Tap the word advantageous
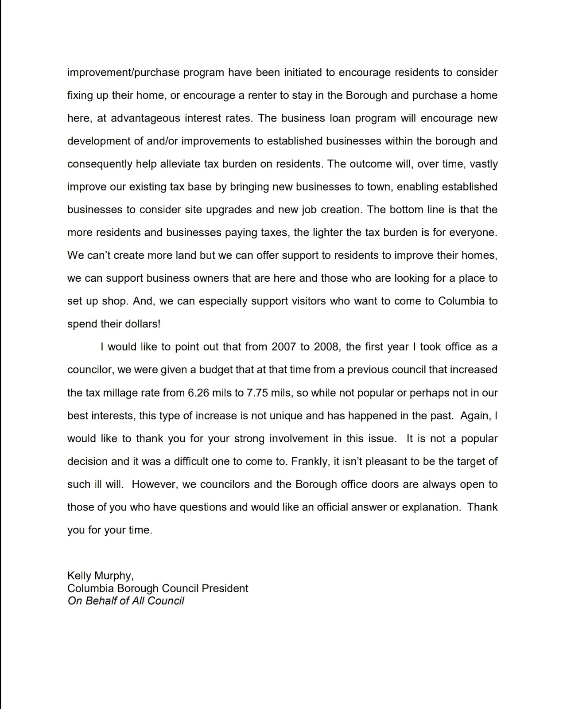[145, 118]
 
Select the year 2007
[283, 347]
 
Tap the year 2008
[326, 347]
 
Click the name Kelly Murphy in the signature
[100, 576]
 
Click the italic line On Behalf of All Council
[126, 601]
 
